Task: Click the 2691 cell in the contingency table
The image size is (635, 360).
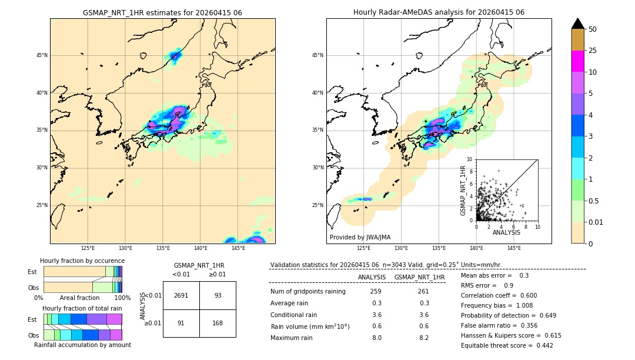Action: pyautogui.click(x=181, y=295)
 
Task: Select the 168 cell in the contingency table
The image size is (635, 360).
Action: pyautogui.click(x=218, y=322)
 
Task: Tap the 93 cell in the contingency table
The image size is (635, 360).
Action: pyautogui.click(x=218, y=295)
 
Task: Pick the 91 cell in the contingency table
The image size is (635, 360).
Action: pyautogui.click(x=181, y=322)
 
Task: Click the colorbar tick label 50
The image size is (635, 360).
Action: pyautogui.click(x=593, y=29)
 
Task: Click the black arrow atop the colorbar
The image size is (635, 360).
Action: pyautogui.click(x=578, y=24)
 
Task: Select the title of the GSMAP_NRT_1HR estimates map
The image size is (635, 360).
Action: pyautogui.click(x=162, y=12)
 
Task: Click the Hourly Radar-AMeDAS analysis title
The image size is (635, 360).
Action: pyautogui.click(x=439, y=12)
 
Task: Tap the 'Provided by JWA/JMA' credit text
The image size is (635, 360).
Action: pyautogui.click(x=360, y=237)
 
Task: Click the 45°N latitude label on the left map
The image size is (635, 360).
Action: pyautogui.click(x=42, y=55)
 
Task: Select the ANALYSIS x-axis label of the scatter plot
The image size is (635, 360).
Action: pyautogui.click(x=506, y=232)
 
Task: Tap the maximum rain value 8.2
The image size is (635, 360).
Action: pyautogui.click(x=423, y=338)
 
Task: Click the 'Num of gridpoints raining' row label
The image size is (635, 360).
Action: pyautogui.click(x=308, y=292)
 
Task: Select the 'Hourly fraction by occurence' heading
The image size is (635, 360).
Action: pyautogui.click(x=82, y=261)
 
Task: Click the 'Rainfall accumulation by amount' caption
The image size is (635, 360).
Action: pyautogui.click(x=83, y=345)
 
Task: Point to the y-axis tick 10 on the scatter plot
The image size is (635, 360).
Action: pyautogui.click(x=469, y=159)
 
